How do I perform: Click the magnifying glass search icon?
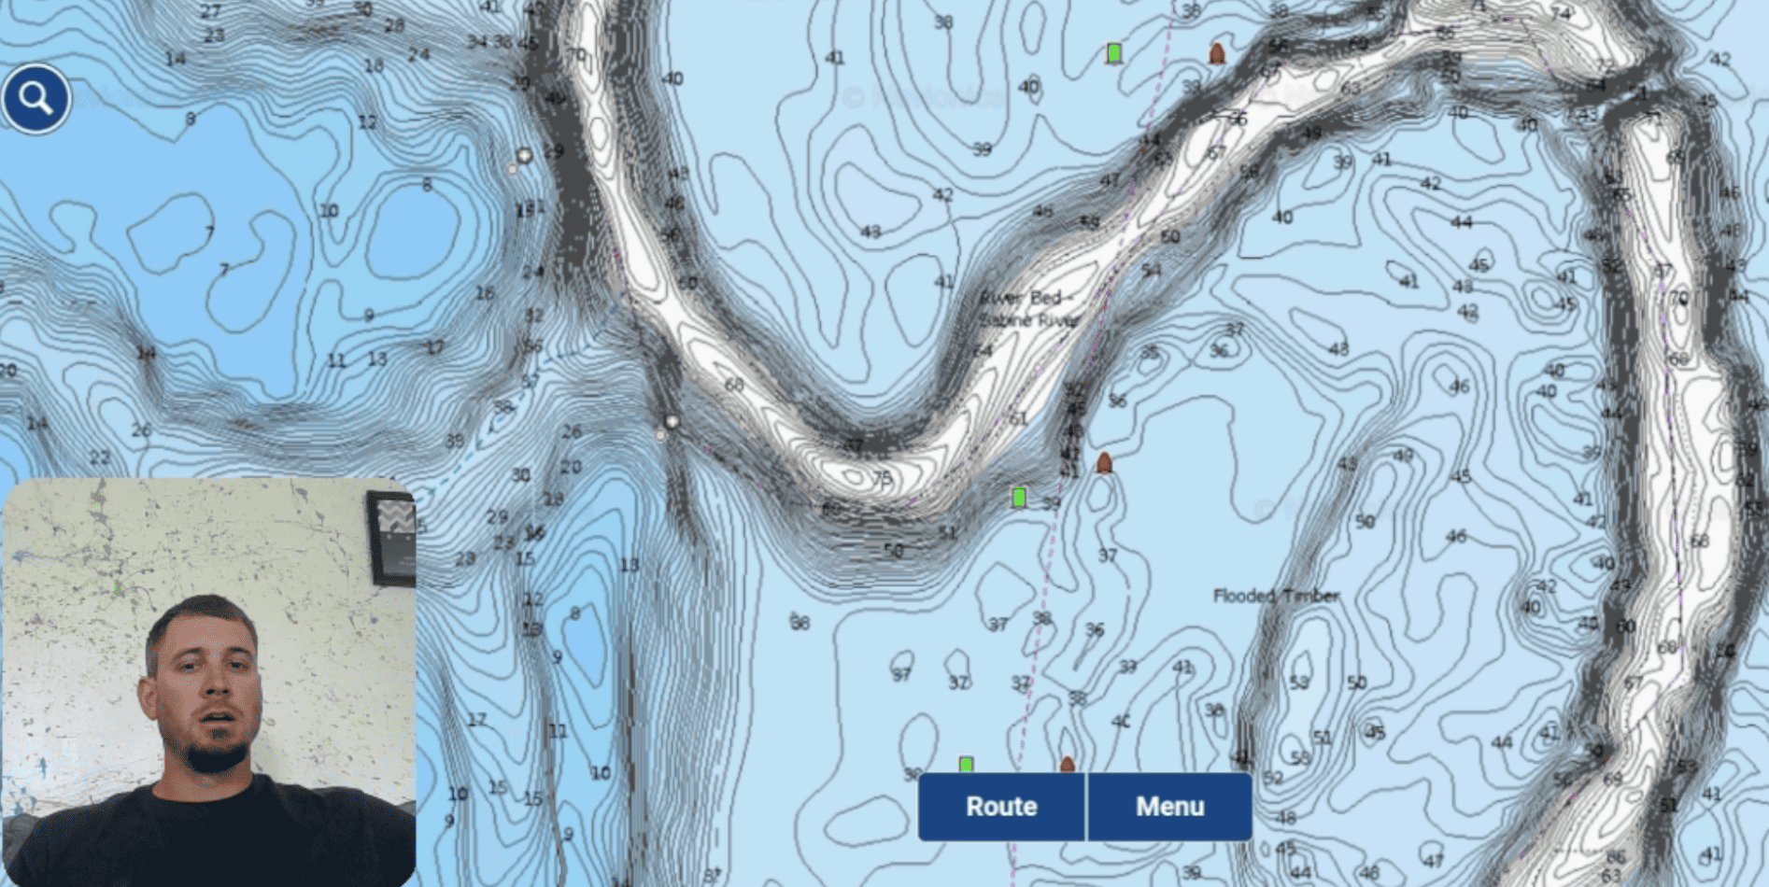point(35,98)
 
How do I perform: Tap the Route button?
point(1001,806)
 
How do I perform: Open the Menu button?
point(1169,806)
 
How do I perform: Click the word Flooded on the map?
point(1244,596)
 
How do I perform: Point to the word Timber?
point(1309,596)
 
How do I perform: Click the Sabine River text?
point(1027,319)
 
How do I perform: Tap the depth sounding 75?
point(882,479)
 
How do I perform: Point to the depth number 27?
point(211,12)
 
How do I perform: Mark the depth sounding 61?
point(1018,418)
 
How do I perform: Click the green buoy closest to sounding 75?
point(1019,498)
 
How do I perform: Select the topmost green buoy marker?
point(1113,53)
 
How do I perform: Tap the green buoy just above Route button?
point(966,765)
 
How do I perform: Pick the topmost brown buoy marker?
point(1216,54)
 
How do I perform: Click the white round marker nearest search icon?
point(524,156)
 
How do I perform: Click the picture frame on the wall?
point(391,537)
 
